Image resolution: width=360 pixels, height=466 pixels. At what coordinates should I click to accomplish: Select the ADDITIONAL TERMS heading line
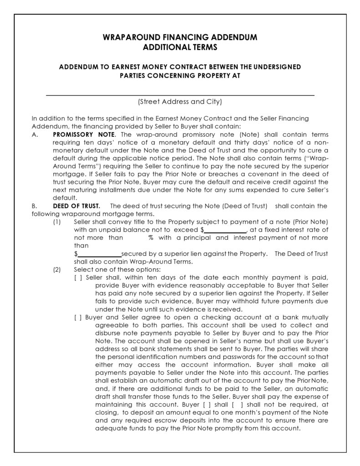coord(180,47)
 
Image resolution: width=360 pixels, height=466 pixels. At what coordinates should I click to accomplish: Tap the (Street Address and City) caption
coord(180,102)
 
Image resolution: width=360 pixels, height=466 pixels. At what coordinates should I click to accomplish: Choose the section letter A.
coord(34,135)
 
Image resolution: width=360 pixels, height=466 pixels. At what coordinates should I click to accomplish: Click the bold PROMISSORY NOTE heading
coord(84,135)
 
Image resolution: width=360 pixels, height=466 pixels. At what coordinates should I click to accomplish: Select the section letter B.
coord(34,206)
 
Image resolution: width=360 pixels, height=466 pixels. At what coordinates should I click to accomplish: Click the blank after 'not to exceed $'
coord(225,230)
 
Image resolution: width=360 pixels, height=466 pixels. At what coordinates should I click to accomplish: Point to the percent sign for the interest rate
coord(150,238)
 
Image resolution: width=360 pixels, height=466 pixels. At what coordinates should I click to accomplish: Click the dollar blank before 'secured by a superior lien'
coord(99,254)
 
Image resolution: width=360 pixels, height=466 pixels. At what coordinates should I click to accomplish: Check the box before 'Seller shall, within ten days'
coord(78,277)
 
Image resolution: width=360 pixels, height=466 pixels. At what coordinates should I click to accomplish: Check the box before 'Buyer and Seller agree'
coord(78,317)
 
